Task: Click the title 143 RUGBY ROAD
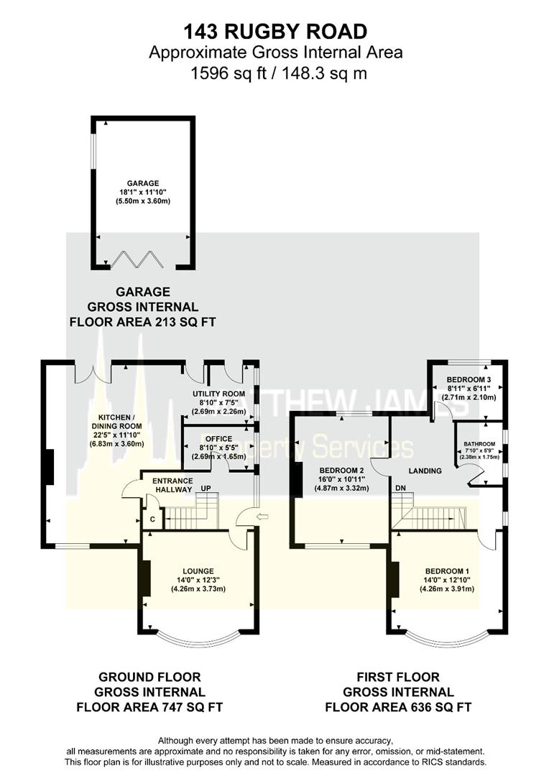(x=275, y=31)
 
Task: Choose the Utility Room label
(x=218, y=394)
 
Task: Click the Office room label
(x=218, y=438)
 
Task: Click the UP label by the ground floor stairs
(x=205, y=489)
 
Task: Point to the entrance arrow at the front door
(x=264, y=516)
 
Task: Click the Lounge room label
(x=198, y=571)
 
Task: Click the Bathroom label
(x=479, y=444)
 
